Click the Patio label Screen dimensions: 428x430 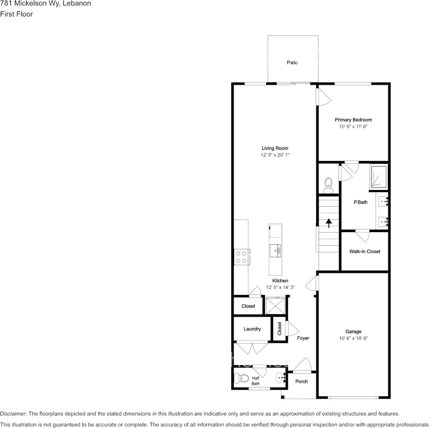(x=292, y=62)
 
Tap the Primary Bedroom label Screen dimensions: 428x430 (x=353, y=120)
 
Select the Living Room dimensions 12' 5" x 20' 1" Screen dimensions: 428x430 (x=275, y=155)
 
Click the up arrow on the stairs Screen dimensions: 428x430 (x=328, y=222)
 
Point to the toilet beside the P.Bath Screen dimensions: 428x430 (x=329, y=183)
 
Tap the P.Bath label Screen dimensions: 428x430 (x=360, y=202)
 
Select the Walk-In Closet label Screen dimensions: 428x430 (x=364, y=252)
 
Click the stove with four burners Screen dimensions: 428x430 (x=241, y=257)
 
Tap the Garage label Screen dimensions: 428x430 (x=353, y=332)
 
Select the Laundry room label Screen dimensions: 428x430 (x=252, y=329)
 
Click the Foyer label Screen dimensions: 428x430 (x=303, y=338)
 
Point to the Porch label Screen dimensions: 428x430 (x=301, y=381)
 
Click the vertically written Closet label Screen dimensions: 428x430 (x=279, y=328)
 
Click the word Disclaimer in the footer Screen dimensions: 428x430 (x=13, y=414)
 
